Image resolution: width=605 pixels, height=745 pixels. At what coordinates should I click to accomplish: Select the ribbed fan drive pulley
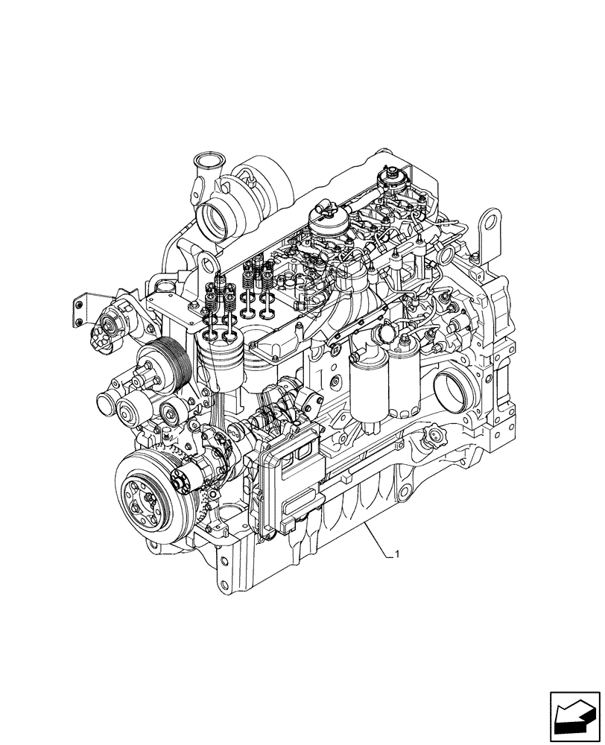[163, 362]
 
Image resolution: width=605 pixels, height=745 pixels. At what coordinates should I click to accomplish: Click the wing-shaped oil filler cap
[433, 434]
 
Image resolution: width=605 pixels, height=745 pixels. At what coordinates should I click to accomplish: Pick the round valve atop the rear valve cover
[387, 177]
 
